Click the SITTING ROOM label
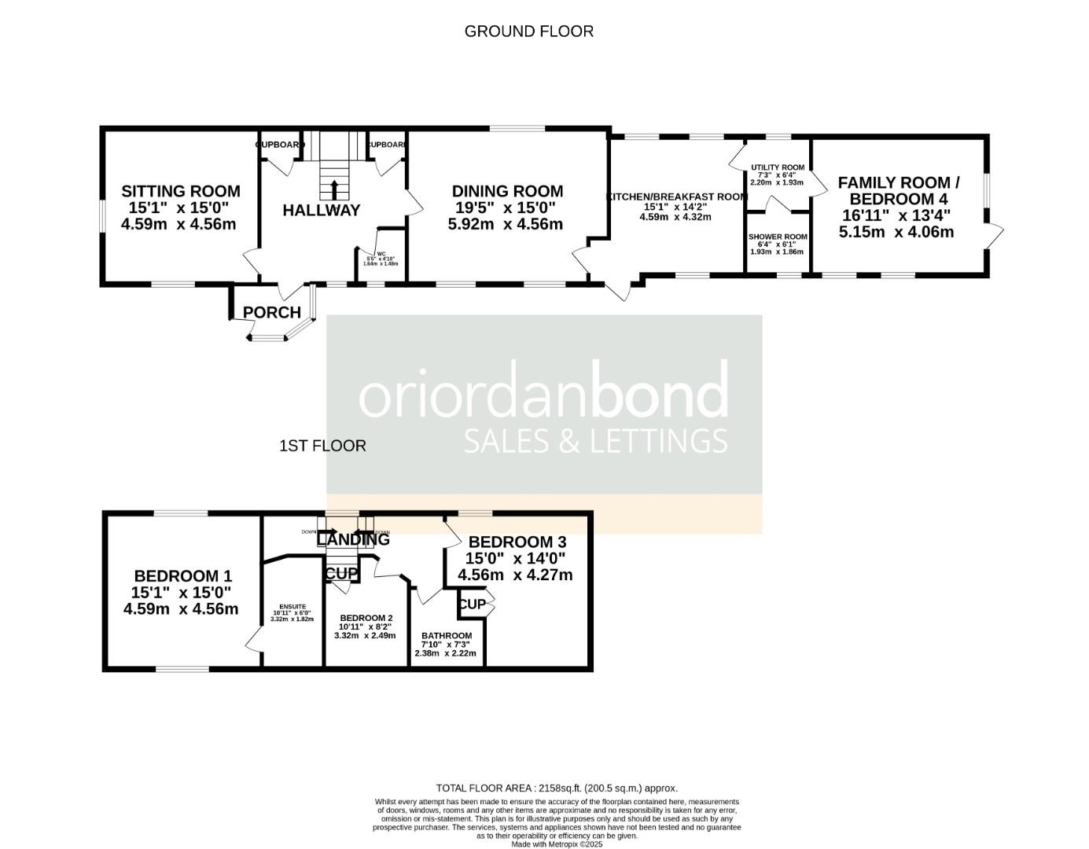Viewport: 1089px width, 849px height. pos(180,191)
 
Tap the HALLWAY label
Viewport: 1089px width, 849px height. pos(321,210)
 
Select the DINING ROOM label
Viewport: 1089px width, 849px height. pos(507,191)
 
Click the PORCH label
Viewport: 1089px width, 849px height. pos(271,312)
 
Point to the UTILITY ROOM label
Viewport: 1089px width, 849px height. pos(777,167)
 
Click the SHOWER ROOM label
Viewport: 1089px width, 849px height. pos(777,237)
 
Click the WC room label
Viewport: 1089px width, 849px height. pos(381,254)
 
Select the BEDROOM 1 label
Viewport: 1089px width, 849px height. pos(182,575)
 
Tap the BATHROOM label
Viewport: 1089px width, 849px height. pos(446,636)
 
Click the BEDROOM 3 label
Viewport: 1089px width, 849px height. pos(517,542)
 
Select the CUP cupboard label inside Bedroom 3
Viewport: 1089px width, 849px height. pos(472,604)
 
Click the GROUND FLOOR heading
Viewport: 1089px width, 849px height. pos(528,31)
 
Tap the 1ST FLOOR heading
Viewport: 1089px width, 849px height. pos(322,446)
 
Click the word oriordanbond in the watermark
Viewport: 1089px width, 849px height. pos(543,396)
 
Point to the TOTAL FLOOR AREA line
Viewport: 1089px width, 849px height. pos(556,788)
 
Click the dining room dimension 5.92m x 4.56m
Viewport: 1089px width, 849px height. pos(507,224)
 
